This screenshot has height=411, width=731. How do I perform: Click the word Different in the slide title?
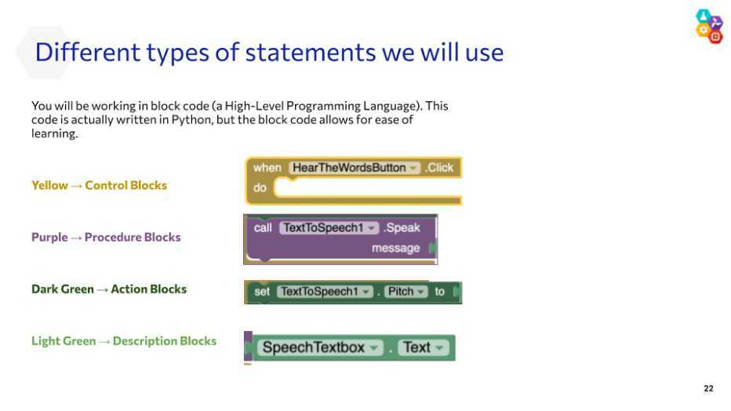tap(88, 52)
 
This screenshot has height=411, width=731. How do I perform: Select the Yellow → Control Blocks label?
tap(99, 185)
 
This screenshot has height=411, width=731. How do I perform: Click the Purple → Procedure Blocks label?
tap(106, 237)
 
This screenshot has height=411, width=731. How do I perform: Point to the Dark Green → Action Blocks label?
tap(108, 289)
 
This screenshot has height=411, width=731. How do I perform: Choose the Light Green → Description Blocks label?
tap(124, 341)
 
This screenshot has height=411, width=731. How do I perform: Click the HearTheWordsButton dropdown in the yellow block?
tap(355, 168)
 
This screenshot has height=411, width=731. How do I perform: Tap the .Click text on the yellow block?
tap(439, 168)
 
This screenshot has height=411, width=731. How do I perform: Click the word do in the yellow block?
tap(260, 187)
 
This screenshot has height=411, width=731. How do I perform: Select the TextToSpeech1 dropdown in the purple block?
tap(329, 228)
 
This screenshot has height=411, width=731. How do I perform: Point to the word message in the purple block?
tap(395, 249)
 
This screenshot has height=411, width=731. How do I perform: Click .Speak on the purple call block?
tap(402, 228)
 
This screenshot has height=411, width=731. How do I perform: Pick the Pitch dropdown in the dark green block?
tap(406, 292)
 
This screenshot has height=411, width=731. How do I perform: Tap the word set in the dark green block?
tap(261, 292)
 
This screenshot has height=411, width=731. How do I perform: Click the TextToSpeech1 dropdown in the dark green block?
tap(325, 292)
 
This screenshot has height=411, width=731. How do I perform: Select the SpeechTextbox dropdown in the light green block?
tap(320, 347)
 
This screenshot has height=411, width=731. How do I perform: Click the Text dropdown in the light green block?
tap(424, 347)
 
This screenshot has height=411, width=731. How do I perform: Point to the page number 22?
tap(708, 388)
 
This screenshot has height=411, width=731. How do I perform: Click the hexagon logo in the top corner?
tap(709, 26)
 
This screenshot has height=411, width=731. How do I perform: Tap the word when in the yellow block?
tap(267, 168)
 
